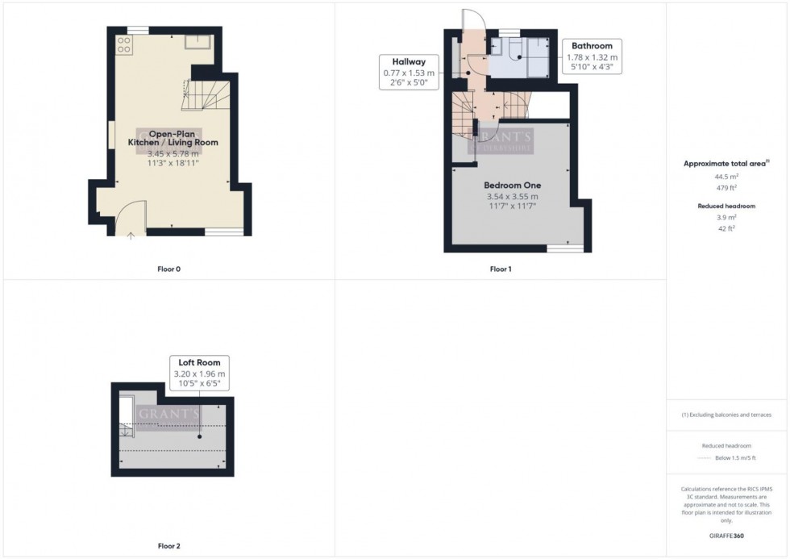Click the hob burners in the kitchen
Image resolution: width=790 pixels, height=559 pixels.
pos(124,44)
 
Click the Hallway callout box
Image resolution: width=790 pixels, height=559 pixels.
pos(410,72)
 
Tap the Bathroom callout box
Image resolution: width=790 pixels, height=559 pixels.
pos(592,56)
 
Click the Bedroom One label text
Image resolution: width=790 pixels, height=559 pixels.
pos(512,185)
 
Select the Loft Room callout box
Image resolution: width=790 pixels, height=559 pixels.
pos(200,373)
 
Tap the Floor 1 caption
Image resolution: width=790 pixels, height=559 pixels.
pos(501,269)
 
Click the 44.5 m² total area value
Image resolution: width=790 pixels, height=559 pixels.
pos(726,175)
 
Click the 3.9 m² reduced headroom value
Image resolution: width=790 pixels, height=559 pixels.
pos(726,218)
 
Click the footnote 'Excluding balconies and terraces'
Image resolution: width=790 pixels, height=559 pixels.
pos(726,415)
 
